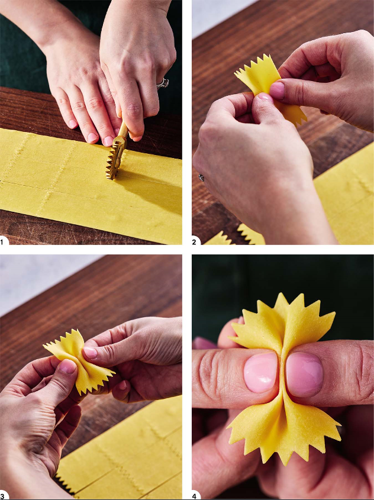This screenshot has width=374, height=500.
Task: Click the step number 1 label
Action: tap(2, 242)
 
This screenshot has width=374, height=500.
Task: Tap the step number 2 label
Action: tap(194, 242)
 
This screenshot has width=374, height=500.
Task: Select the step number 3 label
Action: tap(2, 496)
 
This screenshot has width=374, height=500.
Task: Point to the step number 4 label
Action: tap(195, 496)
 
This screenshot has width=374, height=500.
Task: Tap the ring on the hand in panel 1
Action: tap(163, 83)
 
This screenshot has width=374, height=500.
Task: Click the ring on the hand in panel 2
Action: tap(202, 178)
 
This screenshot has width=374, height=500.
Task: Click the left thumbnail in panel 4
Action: tap(261, 372)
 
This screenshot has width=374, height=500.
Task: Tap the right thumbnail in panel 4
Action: tap(305, 375)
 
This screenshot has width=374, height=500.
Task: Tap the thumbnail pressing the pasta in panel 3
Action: tap(90, 352)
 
